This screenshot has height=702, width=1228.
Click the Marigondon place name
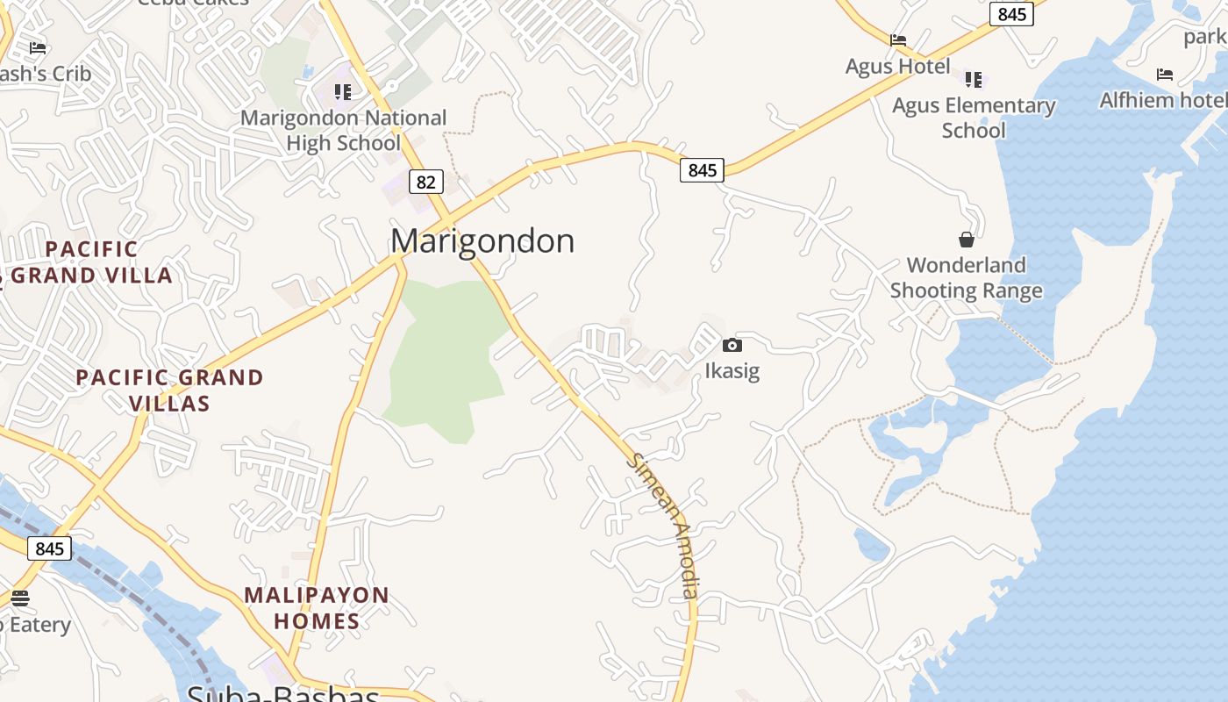click(x=482, y=240)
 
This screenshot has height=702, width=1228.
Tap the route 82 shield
click(x=425, y=182)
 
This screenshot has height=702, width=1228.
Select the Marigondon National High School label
click(x=343, y=130)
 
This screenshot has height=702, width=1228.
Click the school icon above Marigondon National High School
click(x=343, y=91)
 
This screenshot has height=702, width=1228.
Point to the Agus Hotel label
click(x=897, y=67)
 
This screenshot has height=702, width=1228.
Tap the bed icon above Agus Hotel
click(x=897, y=39)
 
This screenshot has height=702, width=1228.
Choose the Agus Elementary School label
click(x=974, y=118)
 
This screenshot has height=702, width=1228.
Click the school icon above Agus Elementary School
click(x=974, y=80)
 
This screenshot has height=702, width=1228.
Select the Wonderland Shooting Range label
click(x=966, y=277)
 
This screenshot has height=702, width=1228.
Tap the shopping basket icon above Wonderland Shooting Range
click(x=966, y=239)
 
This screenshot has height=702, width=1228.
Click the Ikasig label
click(x=732, y=370)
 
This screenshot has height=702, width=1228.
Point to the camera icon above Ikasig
click(x=732, y=346)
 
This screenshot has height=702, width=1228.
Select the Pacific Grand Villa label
click(x=91, y=262)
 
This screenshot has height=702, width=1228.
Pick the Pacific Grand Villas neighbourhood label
click(x=169, y=390)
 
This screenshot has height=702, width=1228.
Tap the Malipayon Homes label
click(x=317, y=608)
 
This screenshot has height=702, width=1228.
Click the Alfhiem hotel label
click(x=1163, y=100)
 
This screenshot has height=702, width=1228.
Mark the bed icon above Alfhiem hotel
click(x=1164, y=75)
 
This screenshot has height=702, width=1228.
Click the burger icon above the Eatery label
click(x=19, y=598)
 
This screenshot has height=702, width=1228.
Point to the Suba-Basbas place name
click(x=282, y=694)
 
